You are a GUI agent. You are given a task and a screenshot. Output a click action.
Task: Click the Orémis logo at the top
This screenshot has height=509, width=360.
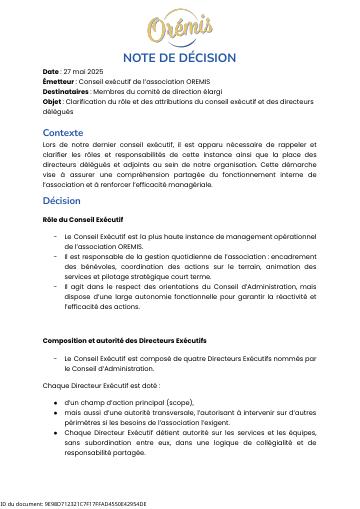[x=180, y=27]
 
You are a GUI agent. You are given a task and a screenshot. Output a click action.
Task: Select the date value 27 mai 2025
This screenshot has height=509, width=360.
[x=85, y=72]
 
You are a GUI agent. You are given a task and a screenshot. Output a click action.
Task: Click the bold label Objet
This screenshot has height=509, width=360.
[x=53, y=100]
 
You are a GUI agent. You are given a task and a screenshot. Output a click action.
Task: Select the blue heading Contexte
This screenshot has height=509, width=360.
[x=63, y=132]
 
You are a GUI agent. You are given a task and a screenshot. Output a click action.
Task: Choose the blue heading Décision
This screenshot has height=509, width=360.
[x=61, y=201]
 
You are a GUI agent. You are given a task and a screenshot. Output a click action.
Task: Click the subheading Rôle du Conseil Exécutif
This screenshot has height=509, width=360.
[x=83, y=219]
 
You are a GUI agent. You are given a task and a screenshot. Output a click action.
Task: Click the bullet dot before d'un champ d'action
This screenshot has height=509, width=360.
[x=55, y=402]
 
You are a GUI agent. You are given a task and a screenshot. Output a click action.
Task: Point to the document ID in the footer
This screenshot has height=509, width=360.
[x=73, y=504]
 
